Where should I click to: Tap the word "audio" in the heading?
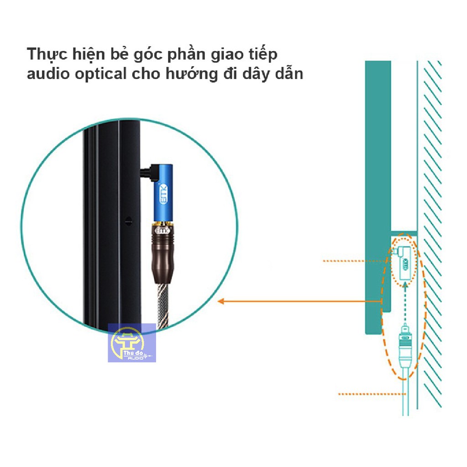point(44,73)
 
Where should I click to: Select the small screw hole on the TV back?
point(129,221)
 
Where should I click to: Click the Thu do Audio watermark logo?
point(132,343)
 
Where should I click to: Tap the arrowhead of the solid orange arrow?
point(222,301)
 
